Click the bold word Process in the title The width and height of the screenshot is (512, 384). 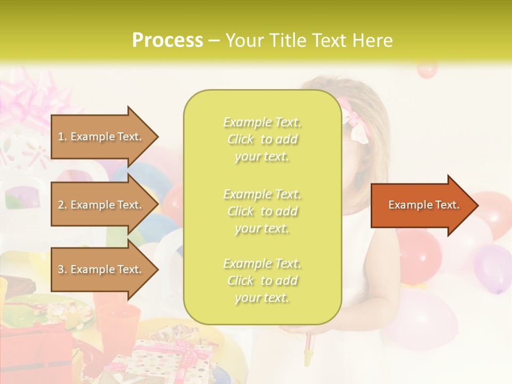pos(167,40)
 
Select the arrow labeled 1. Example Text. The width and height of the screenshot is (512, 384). pos(101,137)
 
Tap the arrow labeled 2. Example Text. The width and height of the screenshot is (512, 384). pos(101,205)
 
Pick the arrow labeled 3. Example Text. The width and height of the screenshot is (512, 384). pos(101,269)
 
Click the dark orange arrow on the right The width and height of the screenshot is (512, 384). pos(421,205)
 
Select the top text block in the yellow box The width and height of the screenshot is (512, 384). pos(262,139)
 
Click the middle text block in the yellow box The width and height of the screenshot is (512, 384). pos(262,211)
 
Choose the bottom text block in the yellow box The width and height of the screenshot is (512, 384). pos(262,281)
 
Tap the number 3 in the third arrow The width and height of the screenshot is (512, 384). pos(61,269)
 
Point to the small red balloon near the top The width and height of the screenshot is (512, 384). pos(427,69)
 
